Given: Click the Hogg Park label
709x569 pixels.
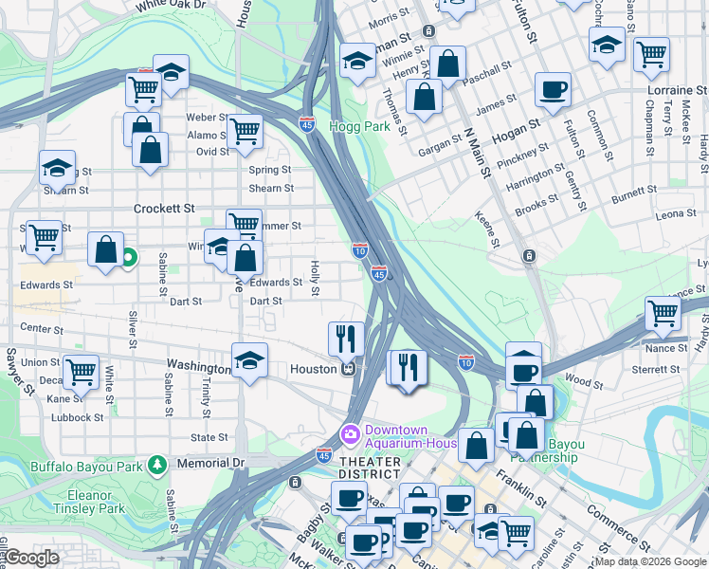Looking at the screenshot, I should [359, 125].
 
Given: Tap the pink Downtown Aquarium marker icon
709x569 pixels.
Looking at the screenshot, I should [350, 432].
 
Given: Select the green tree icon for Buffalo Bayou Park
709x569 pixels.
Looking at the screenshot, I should [157, 464].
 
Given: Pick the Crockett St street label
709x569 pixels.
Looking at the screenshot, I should [164, 208].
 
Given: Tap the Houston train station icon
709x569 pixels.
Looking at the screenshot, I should [349, 369].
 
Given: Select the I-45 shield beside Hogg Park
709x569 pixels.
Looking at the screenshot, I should [306, 123].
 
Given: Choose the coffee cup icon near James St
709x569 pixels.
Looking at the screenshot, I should [553, 90].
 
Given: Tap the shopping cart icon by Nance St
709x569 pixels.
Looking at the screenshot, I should [663, 313].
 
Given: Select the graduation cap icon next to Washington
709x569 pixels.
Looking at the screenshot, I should [248, 361].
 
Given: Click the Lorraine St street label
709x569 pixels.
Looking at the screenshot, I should [677, 89].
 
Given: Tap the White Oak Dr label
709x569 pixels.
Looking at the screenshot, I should [171, 6].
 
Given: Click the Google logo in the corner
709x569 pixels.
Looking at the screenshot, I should [31, 557].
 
